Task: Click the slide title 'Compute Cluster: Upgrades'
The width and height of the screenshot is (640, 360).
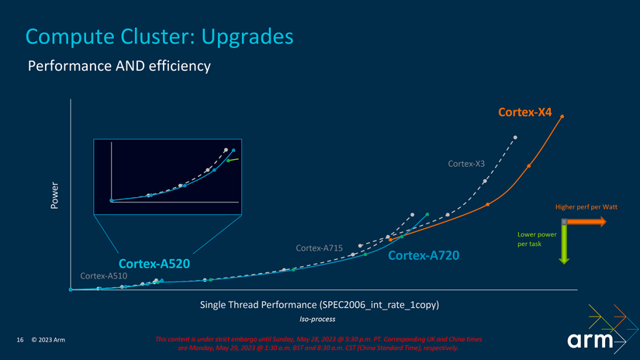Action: point(159,36)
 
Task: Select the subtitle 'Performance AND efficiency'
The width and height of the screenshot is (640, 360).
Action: point(119,67)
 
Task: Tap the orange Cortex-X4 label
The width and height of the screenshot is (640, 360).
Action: point(524,112)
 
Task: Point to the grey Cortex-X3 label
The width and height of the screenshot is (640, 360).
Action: point(466,164)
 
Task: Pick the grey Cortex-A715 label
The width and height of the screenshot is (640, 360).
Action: point(320,247)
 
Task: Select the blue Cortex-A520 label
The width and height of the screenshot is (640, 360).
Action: point(154,264)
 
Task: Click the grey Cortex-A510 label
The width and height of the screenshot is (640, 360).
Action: point(103,276)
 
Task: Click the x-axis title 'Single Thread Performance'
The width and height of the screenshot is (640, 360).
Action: point(320,304)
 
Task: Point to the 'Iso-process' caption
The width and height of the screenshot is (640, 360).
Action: point(318,319)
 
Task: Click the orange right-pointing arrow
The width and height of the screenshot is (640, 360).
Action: point(588,222)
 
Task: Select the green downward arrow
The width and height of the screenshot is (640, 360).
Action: point(565,247)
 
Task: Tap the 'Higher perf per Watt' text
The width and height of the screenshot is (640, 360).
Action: point(585,207)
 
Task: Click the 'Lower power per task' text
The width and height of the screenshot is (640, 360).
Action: point(536,239)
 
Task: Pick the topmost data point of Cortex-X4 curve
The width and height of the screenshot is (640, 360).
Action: point(562,117)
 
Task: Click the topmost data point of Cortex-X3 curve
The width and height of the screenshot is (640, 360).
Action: point(515,138)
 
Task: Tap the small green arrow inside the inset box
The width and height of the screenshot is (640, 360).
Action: point(233,160)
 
